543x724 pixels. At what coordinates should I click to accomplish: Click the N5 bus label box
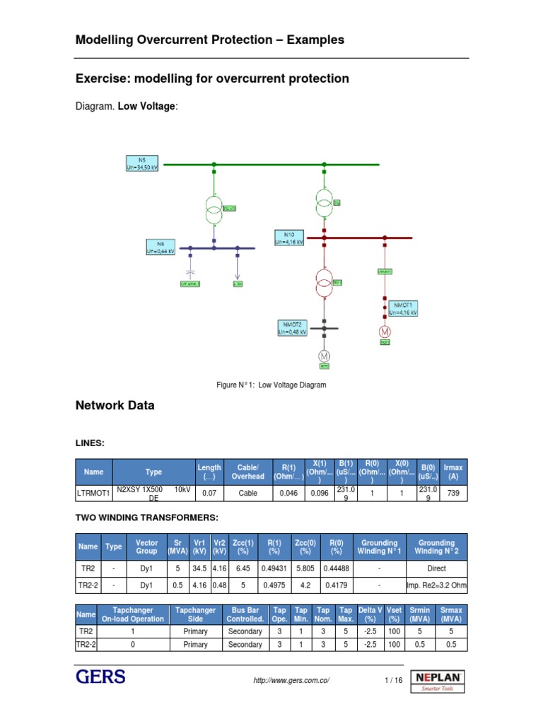pos(142,163)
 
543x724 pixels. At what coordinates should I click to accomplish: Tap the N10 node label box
pos(288,237)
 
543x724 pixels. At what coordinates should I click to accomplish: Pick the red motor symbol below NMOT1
pos(385,331)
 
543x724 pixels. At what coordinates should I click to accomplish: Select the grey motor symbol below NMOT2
pos(324,355)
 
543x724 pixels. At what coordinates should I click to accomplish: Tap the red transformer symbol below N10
pos(324,284)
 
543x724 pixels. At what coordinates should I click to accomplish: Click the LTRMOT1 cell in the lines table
pos(94,494)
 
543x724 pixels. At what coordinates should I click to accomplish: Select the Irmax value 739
pos(453,494)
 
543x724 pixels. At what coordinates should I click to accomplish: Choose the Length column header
pos(209,472)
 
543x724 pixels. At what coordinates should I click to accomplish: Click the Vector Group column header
pos(146,546)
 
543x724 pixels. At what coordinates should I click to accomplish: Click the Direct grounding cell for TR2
pos(436,568)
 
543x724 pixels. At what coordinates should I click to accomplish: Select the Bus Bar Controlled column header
pos(245,614)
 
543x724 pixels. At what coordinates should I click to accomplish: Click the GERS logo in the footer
pos(101,677)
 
